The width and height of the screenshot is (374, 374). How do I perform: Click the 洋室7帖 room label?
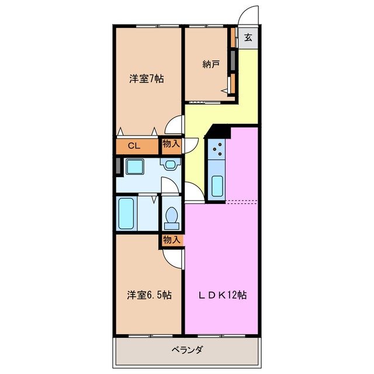(x=146, y=79)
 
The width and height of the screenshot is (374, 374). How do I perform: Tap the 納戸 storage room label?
(x=211, y=64)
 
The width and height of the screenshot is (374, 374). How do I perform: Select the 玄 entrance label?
(x=248, y=39)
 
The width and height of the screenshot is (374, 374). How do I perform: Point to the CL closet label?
(x=133, y=146)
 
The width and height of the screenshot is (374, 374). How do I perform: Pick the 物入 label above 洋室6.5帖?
(x=171, y=240)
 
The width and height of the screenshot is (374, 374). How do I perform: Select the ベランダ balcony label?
(x=187, y=350)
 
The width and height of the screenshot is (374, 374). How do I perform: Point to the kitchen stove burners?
(x=218, y=151)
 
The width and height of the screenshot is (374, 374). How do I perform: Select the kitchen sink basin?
(x=217, y=185)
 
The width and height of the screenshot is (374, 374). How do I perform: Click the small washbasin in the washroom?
(x=171, y=165)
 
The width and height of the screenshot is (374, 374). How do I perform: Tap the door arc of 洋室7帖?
(x=174, y=124)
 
